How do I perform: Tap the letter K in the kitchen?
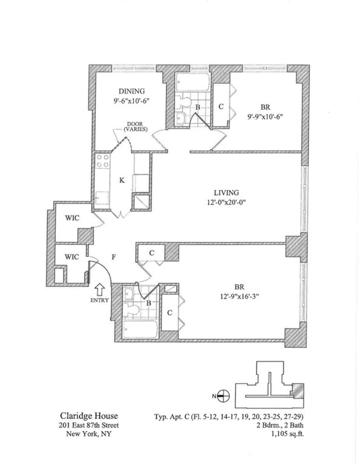121,180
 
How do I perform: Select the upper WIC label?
72,218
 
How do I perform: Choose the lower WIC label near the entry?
72,257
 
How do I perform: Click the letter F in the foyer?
114,258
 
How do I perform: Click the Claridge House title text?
89,416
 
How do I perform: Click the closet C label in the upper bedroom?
220,107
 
